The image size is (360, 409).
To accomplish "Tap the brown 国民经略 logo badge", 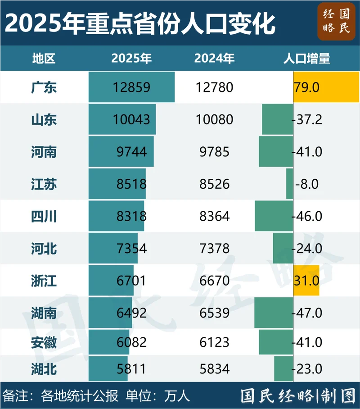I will tap(336, 22).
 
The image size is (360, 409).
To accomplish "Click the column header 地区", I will tap(44, 59).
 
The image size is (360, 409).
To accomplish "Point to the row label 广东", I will tap(44, 87).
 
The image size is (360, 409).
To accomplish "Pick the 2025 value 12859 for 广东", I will tap(131, 87).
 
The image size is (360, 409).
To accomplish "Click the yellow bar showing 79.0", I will tap(326, 87).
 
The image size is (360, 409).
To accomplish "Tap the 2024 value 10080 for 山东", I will tap(215, 119).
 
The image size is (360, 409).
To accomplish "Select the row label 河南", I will tap(44, 152).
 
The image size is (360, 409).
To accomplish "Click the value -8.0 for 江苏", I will tap(307, 184).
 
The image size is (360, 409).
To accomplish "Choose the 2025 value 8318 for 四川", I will tap(131, 217).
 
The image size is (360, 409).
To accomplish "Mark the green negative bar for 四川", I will tap(274, 217).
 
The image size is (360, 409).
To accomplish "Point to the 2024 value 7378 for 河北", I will tap(215, 249).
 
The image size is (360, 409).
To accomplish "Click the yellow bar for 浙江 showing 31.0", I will tap(306, 281).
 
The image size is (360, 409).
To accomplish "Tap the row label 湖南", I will tap(44, 313).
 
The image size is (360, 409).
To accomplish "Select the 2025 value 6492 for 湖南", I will tap(131, 313).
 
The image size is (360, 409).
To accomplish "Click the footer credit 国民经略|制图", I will tap(298, 396).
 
